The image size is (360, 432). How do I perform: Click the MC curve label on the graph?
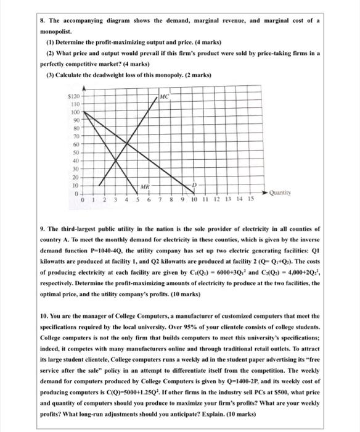(165, 97)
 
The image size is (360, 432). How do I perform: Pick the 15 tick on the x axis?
(251, 199)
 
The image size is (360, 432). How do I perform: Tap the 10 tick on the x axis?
(194, 199)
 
